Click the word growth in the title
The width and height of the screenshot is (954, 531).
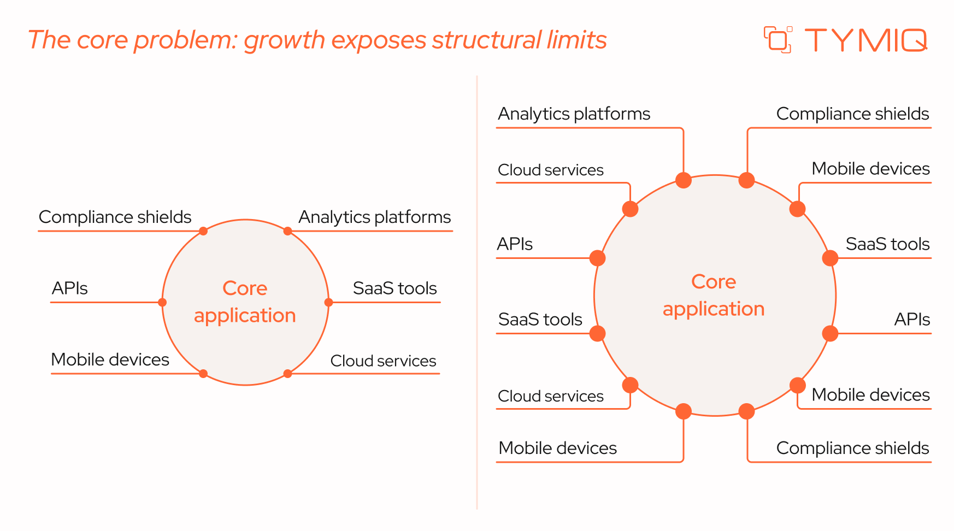(285, 40)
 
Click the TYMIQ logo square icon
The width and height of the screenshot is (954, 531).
(778, 40)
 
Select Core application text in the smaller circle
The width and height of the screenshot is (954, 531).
(245, 302)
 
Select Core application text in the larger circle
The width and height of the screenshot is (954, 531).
(714, 295)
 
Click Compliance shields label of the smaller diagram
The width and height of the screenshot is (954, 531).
(115, 217)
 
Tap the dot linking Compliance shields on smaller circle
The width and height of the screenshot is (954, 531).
(203, 231)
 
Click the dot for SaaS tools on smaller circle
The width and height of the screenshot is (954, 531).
(328, 302)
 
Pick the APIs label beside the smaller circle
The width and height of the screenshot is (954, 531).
(69, 288)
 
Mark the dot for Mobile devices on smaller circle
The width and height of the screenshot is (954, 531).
(203, 374)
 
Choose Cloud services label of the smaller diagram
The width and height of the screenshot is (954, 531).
(383, 361)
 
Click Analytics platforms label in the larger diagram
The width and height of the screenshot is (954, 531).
(574, 114)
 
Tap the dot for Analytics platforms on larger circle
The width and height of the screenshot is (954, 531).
(684, 180)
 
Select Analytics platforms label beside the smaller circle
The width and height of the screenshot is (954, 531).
(374, 217)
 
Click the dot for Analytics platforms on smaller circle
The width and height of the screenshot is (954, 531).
(287, 231)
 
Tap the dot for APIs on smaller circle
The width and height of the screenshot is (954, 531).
(162, 302)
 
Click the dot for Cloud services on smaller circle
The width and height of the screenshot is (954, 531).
(287, 374)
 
